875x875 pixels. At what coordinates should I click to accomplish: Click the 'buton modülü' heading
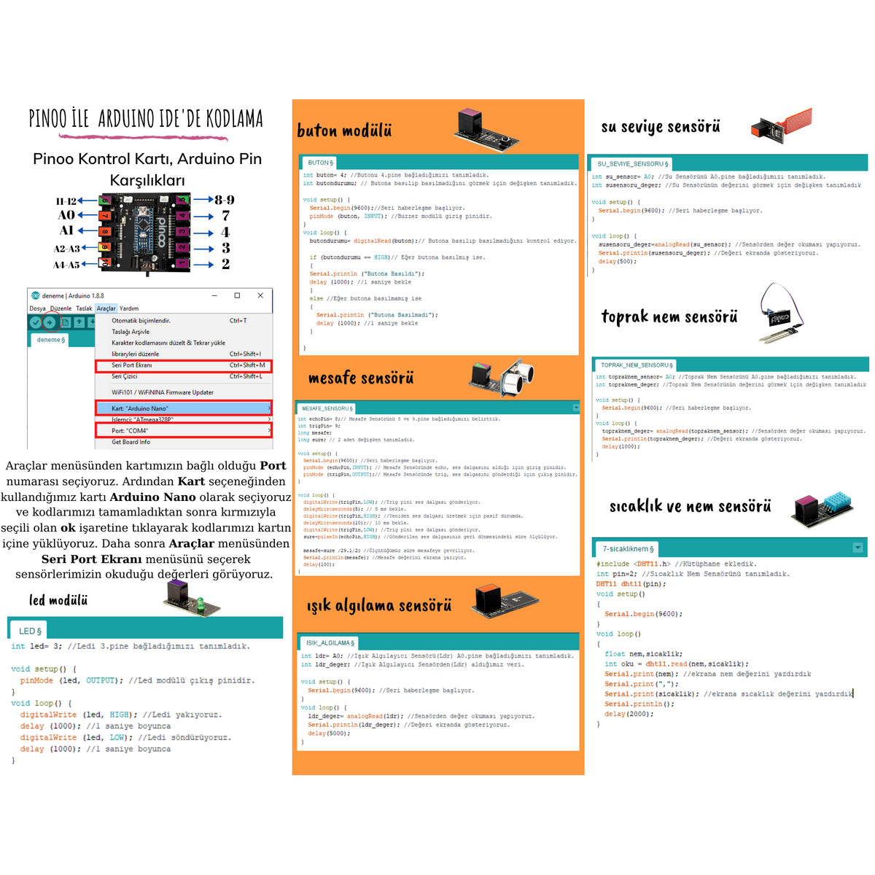344,131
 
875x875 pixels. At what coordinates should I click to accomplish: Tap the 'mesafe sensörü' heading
361,378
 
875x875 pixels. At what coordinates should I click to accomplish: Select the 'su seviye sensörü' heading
661,127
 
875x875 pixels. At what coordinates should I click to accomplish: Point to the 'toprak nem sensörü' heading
669,316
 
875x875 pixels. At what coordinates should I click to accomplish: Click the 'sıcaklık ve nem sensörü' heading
690,506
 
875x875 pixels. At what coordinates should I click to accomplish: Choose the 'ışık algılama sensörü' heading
379,605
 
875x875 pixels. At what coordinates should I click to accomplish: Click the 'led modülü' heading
58,600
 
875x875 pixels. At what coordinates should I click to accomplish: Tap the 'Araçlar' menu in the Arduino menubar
106,308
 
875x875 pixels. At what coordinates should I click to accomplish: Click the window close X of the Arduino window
260,295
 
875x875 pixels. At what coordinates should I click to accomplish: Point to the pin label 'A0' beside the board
66,215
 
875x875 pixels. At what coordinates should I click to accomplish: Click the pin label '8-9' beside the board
224,200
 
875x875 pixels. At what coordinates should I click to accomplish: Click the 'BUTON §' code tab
320,163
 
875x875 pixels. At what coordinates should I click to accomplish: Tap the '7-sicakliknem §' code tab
628,548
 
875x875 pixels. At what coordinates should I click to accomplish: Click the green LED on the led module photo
199,603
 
